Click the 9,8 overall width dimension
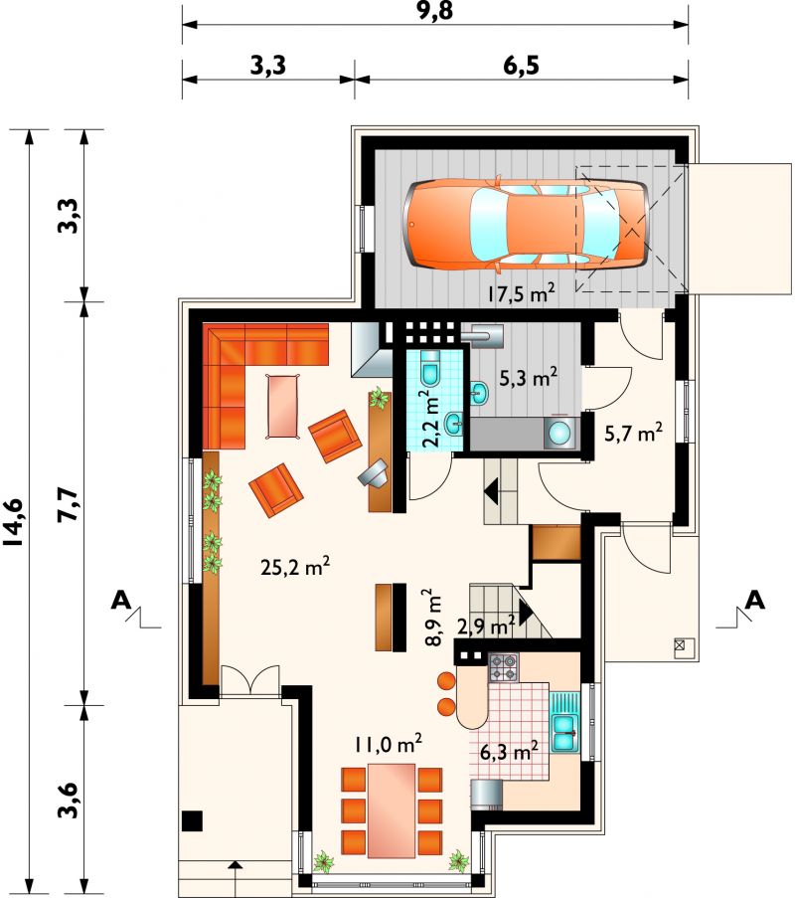pyautogui.click(x=434, y=10)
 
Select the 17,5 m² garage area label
pyautogui.click(x=521, y=293)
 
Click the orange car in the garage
pyautogui.click(x=527, y=224)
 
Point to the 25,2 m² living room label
pyautogui.click(x=295, y=567)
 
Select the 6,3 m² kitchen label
pyautogui.click(x=508, y=750)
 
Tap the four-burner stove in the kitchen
pyautogui.click(x=504, y=667)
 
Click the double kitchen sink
pyautogui.click(x=565, y=726)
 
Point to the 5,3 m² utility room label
pyautogui.click(x=529, y=378)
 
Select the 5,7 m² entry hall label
pyautogui.click(x=634, y=433)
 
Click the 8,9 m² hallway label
pyautogui.click(x=433, y=618)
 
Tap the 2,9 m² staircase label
pyautogui.click(x=487, y=625)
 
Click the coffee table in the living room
pyautogui.click(x=283, y=406)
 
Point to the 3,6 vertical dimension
pyautogui.click(x=69, y=800)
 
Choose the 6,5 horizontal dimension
pyautogui.click(x=521, y=67)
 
